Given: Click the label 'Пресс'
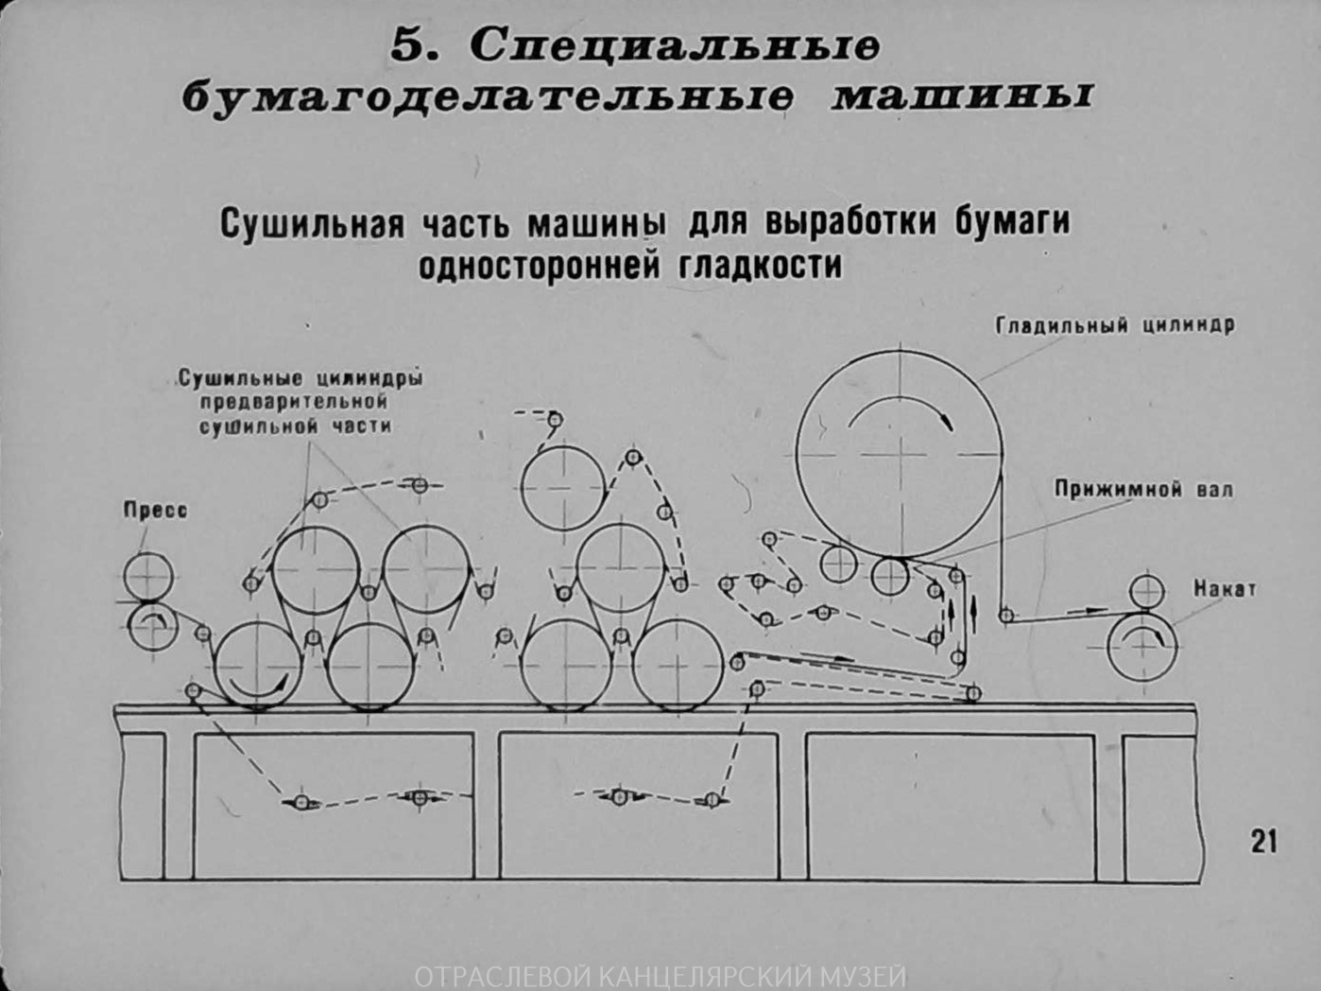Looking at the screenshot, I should click(155, 511).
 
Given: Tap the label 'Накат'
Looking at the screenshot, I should click(1225, 589).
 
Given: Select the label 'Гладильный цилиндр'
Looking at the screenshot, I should click(1115, 325).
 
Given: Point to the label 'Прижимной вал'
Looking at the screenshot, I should click(1143, 490).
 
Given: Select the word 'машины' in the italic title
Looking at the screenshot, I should click(960, 97).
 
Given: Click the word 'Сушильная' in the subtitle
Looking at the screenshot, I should click(313, 224).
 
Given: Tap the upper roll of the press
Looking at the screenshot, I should click(148, 576).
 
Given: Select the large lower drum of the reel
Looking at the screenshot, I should click(1142, 647).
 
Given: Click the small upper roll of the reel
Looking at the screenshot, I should click(1146, 591).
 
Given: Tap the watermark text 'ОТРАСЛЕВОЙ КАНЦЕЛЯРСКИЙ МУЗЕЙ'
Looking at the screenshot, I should click(660, 976).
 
